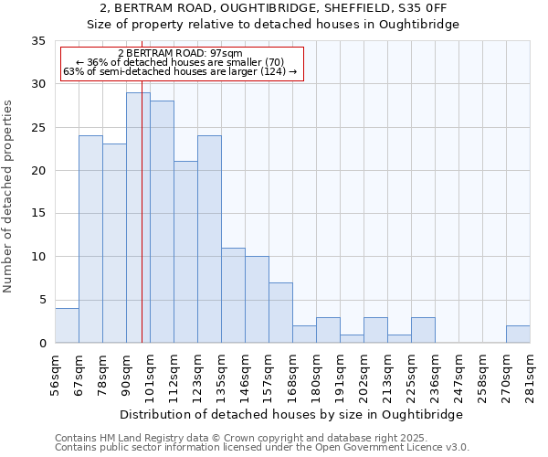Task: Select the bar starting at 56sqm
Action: tap(67, 325)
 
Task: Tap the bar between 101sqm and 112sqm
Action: tap(162, 222)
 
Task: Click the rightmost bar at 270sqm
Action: tap(518, 335)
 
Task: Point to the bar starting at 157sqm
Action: tap(280, 313)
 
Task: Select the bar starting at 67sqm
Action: tap(90, 239)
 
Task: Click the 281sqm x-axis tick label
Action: tap(530, 376)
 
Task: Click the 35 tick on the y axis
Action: tap(38, 41)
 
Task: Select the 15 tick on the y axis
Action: tap(38, 214)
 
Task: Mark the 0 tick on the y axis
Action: tap(42, 344)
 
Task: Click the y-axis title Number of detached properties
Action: tap(9, 197)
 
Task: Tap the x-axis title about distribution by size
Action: tap(291, 414)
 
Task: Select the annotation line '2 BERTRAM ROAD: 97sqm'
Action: tap(180, 54)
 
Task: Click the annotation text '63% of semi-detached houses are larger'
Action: tap(180, 71)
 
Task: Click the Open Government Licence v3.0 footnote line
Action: tap(262, 448)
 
